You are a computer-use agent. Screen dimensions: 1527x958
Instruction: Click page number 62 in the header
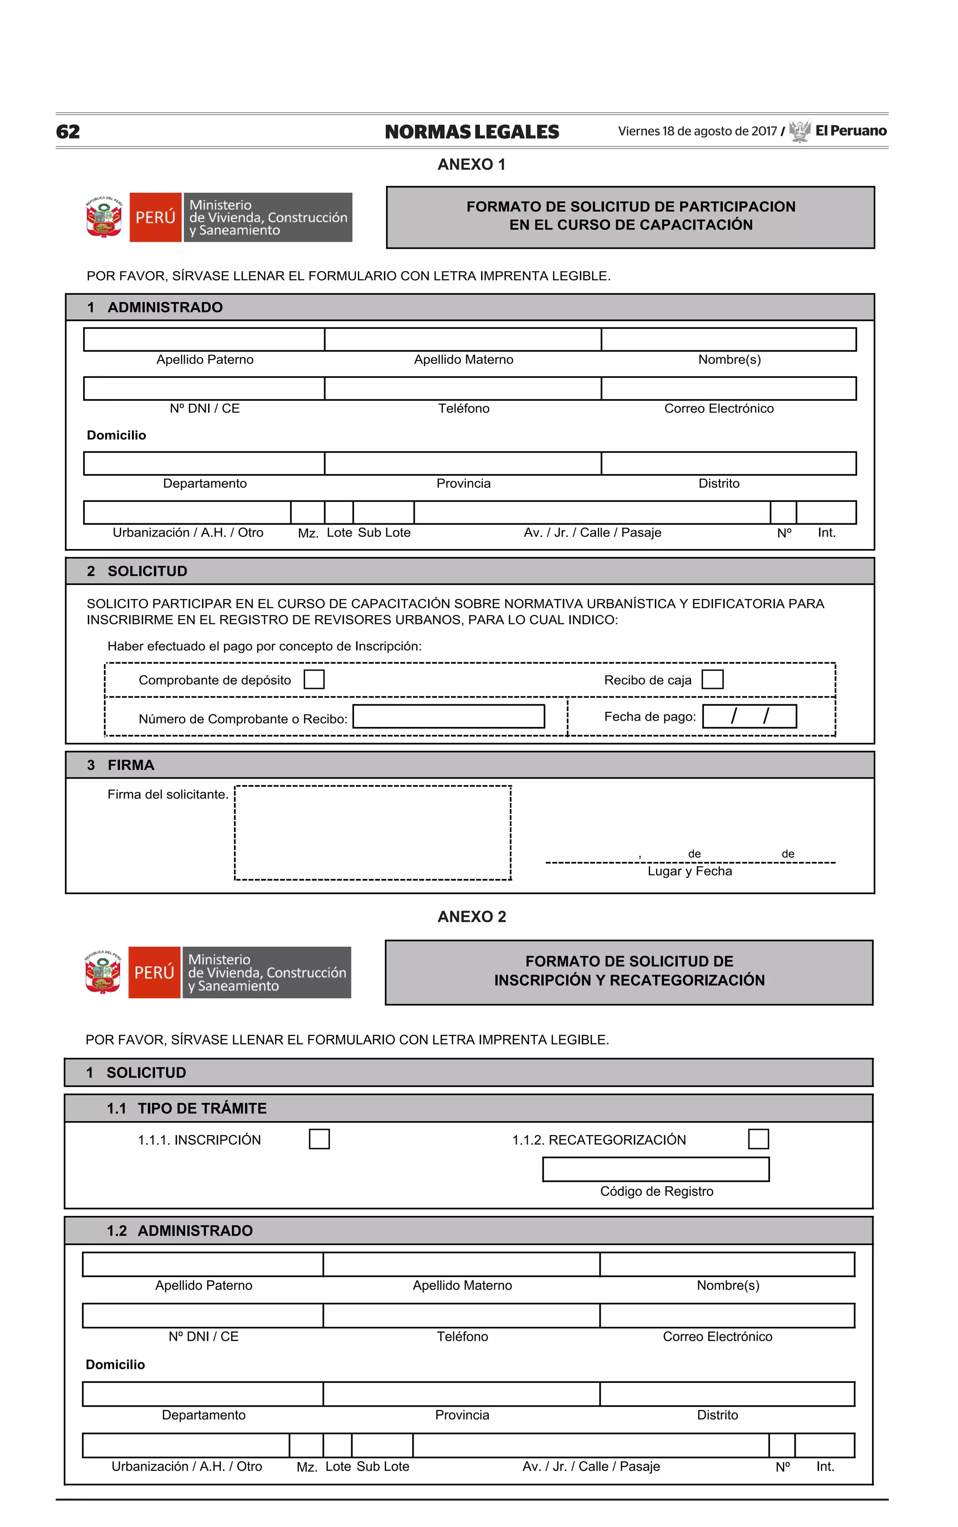click(68, 132)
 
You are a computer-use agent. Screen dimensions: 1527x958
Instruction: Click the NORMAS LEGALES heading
click(472, 132)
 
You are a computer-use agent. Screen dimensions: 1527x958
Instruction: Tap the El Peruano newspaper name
click(850, 130)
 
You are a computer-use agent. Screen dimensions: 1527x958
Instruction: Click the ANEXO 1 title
click(472, 165)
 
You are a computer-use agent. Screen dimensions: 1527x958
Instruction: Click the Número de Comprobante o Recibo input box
click(449, 716)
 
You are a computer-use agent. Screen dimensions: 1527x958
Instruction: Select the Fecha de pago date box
click(749, 716)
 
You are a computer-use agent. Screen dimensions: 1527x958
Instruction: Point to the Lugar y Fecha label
click(689, 871)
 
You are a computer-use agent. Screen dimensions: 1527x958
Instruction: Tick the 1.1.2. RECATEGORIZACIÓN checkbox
click(758, 1139)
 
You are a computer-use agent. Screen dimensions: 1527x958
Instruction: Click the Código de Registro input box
click(656, 1169)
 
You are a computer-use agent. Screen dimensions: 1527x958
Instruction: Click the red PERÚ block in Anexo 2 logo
click(154, 972)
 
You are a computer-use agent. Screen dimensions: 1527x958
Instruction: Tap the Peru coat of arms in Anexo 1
click(104, 217)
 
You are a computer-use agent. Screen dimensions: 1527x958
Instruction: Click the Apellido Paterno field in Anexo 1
click(204, 340)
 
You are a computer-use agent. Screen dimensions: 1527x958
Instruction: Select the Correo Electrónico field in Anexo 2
click(727, 1316)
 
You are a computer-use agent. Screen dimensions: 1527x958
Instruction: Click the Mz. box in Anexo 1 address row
click(307, 513)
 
